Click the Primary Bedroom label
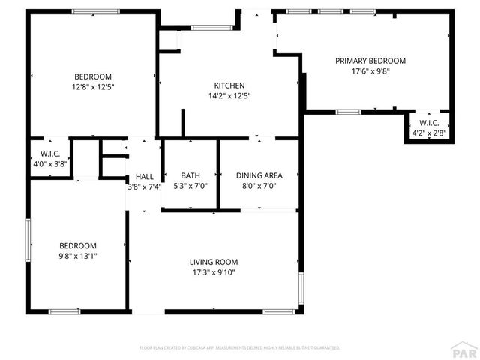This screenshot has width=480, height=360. [370, 61]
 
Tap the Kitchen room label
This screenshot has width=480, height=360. [229, 85]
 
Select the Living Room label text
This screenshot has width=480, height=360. [214, 262]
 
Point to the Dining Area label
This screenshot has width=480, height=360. [259, 175]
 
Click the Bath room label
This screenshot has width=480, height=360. [190, 175]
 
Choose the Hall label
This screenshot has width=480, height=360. [145, 176]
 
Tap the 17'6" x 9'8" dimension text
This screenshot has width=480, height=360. [370, 72]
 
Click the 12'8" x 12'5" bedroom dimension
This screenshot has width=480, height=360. [93, 87]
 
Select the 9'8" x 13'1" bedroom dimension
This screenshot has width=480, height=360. [79, 256]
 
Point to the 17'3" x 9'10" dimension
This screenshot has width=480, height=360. [214, 273]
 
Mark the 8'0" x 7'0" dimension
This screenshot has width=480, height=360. [259, 186]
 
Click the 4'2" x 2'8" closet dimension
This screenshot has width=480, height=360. [429, 133]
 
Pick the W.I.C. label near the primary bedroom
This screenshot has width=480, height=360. [429, 123]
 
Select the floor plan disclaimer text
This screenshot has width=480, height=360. [240, 348]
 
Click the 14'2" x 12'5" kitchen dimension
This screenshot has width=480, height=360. [229, 96]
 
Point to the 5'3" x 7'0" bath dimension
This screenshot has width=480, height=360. [190, 186]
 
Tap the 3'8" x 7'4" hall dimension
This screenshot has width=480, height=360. [145, 187]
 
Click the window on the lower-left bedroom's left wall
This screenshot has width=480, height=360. [28, 239]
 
